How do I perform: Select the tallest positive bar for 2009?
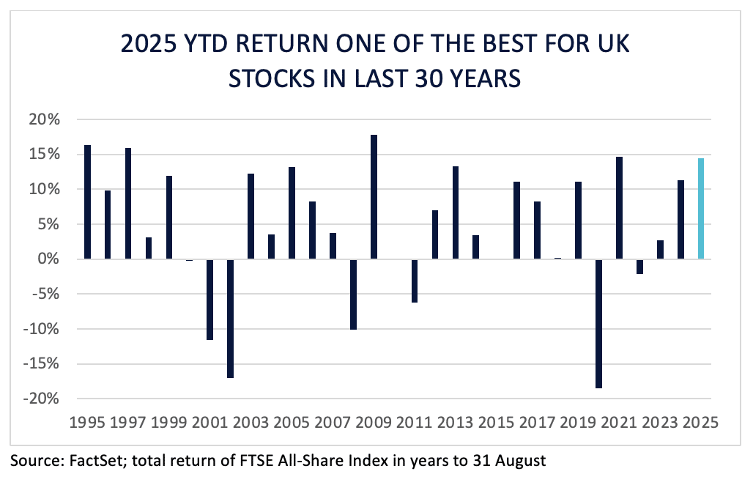pyautogui.click(x=374, y=197)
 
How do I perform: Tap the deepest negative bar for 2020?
pyautogui.click(x=598, y=324)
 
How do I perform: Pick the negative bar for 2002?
pyautogui.click(x=231, y=319)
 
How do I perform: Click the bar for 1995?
pyautogui.click(x=87, y=202)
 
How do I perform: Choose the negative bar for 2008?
pyautogui.click(x=354, y=295)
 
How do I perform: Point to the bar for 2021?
pyautogui.click(x=619, y=208)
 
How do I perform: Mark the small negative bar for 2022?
pyautogui.click(x=639, y=267)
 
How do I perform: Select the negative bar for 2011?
pyautogui.click(x=415, y=281)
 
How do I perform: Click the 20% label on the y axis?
pyautogui.click(x=44, y=119)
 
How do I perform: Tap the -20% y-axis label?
pyautogui.click(x=41, y=399)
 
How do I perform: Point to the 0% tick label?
pyautogui.click(x=48, y=259)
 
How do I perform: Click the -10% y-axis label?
pyautogui.click(x=41, y=329)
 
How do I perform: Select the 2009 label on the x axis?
pyautogui.click(x=374, y=423)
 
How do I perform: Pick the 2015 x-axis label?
pyautogui.click(x=496, y=423)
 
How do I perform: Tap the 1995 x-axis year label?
pyautogui.click(x=87, y=423)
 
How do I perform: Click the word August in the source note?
pyautogui.click(x=521, y=461)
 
